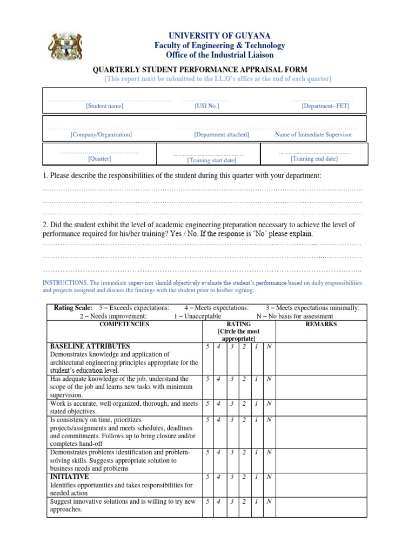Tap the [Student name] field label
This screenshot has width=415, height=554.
pos(104,106)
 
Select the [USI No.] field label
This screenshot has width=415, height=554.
pos(207,106)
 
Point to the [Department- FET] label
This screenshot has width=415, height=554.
pos(325,106)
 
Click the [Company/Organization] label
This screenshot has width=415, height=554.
pos(101,134)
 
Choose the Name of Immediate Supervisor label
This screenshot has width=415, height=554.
pos(313,134)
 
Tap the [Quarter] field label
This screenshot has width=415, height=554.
pos(99,159)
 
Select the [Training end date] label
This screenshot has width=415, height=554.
pos(314,159)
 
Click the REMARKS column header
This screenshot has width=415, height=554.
pos(321,324)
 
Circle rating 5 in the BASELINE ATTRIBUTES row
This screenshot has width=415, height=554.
pos(207,346)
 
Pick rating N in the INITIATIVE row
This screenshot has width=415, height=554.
pos(269,477)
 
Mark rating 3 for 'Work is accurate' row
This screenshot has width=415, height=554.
pos(231,403)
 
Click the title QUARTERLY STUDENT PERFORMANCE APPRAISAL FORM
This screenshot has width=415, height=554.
pos(201,69)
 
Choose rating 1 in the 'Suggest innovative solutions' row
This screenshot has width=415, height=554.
pos(256,502)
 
